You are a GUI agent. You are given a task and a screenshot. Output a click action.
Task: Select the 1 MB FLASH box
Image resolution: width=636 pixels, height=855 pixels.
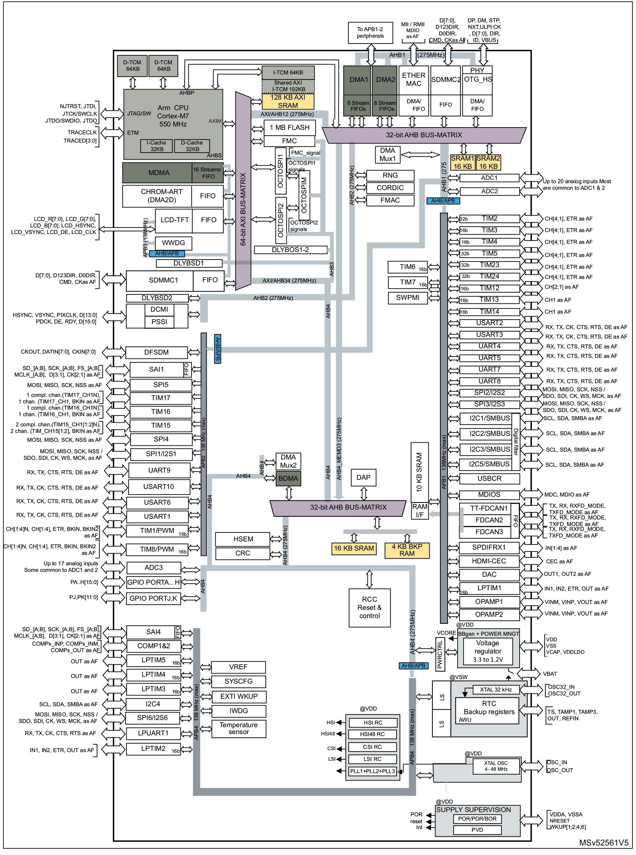click(x=290, y=127)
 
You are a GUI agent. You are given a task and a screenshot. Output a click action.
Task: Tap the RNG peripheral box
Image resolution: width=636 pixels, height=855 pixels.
click(x=390, y=175)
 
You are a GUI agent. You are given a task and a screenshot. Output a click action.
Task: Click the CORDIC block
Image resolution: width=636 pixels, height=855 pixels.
click(x=390, y=188)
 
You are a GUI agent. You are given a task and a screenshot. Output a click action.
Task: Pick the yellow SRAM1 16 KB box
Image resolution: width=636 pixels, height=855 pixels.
click(x=462, y=162)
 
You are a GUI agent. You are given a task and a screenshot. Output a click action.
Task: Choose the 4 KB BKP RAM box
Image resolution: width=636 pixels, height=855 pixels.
click(x=407, y=550)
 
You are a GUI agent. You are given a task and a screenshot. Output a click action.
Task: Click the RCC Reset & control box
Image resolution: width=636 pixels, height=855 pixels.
click(x=370, y=607)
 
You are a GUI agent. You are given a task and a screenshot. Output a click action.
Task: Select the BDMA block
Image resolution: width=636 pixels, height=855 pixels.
click(x=288, y=478)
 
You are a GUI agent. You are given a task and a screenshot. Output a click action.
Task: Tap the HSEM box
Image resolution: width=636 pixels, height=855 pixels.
click(x=243, y=539)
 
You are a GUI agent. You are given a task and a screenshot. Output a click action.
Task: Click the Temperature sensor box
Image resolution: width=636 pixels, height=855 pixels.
click(x=239, y=728)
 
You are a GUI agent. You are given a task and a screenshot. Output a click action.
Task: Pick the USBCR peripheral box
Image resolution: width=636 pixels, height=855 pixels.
click(x=489, y=478)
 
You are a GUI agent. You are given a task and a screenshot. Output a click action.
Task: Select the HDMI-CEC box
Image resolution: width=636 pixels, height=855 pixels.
click(x=489, y=561)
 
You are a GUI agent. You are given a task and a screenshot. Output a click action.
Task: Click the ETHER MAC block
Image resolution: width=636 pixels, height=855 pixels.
click(x=414, y=80)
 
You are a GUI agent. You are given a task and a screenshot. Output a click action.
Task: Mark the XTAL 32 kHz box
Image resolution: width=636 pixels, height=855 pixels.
click(x=496, y=690)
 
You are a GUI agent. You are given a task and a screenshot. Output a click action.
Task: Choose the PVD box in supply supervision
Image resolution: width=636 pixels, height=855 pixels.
click(x=477, y=830)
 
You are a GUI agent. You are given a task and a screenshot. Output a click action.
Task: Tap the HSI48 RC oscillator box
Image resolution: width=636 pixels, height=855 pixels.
click(x=372, y=734)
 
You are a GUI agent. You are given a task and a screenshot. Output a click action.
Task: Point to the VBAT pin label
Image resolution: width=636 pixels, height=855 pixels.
click(x=550, y=674)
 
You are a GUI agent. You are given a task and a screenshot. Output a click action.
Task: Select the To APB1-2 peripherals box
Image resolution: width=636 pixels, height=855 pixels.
click(x=370, y=33)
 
